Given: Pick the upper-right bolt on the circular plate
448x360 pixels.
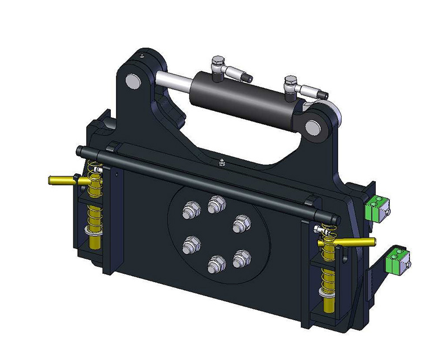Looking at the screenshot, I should pyautogui.click(x=240, y=222).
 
